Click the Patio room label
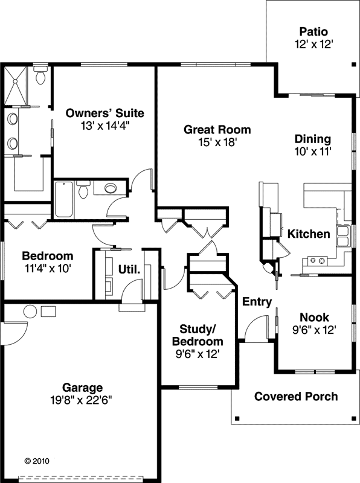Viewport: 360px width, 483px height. (x=313, y=31)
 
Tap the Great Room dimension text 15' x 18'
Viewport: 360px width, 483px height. (x=217, y=142)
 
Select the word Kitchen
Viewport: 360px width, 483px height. (x=308, y=234)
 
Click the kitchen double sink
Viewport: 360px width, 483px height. (x=342, y=236)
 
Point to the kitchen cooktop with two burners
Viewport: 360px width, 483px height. (x=318, y=261)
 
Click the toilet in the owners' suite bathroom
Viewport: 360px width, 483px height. (x=41, y=77)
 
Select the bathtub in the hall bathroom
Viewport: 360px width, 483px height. (x=63, y=199)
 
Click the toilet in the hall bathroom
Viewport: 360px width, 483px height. (x=84, y=190)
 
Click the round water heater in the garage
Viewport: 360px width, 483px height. (x=30, y=312)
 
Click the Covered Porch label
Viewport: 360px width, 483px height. (x=296, y=397)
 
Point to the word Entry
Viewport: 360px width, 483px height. (x=257, y=302)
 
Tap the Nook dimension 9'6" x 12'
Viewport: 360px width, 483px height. (x=314, y=330)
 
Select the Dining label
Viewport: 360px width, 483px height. (x=313, y=139)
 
